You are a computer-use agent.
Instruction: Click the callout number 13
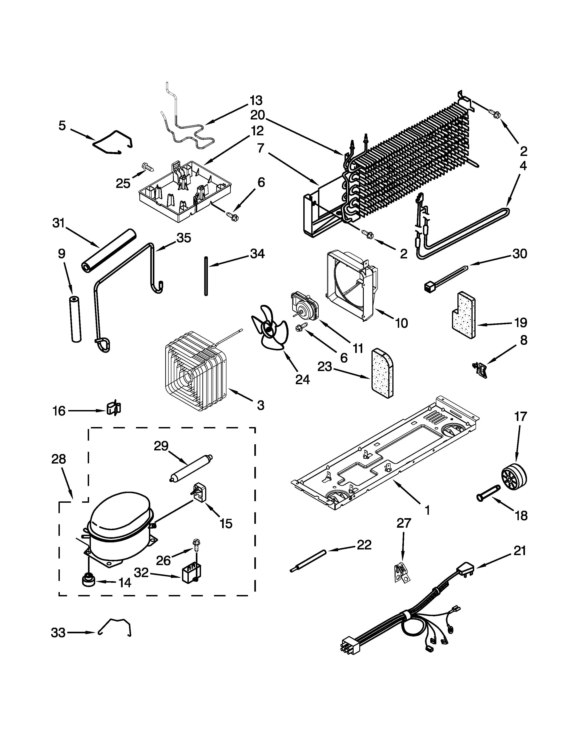pyautogui.click(x=256, y=101)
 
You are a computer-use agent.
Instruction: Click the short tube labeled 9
pyautogui.click(x=75, y=319)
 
